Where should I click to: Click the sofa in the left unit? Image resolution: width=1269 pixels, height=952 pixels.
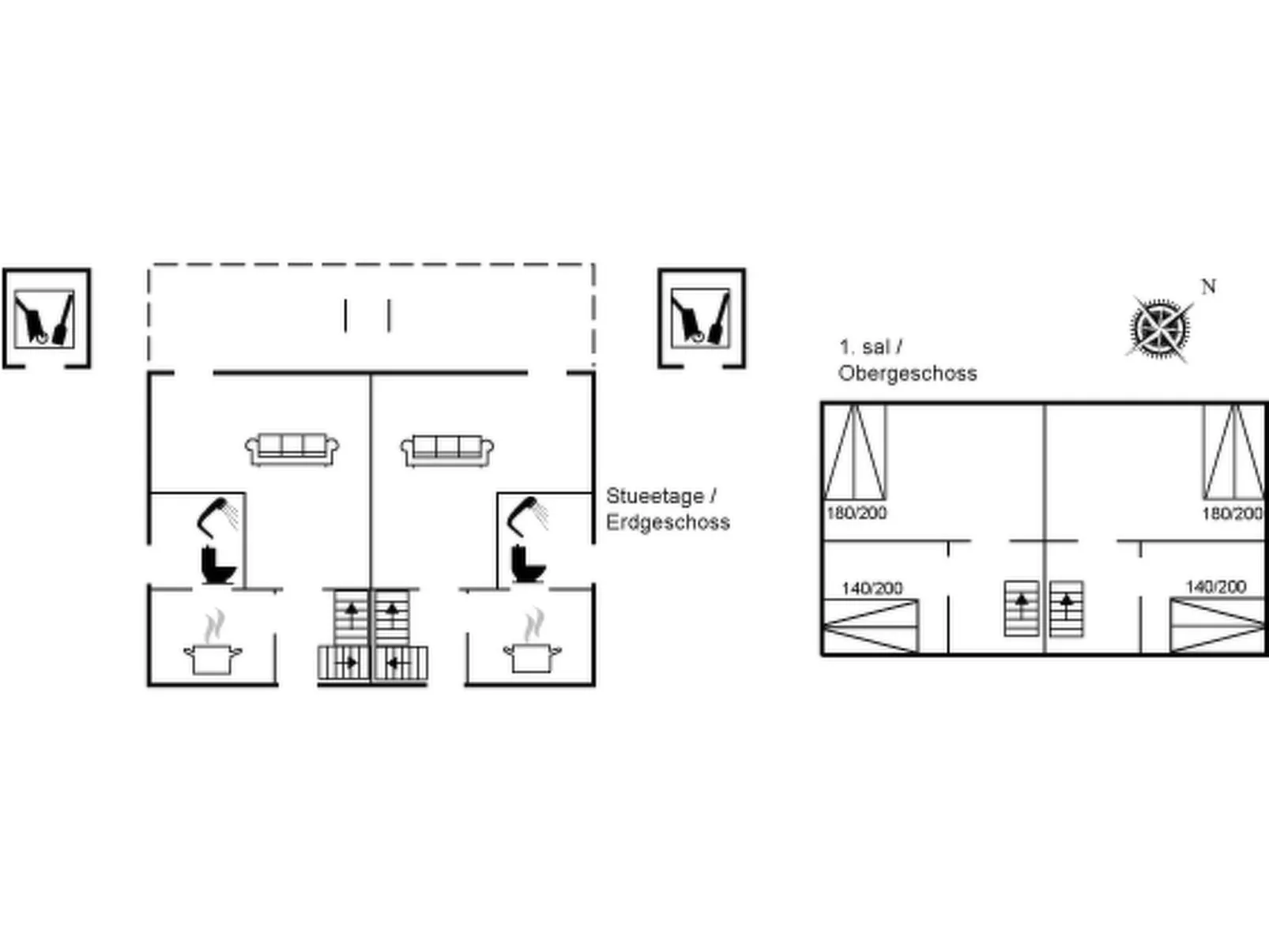(292, 449)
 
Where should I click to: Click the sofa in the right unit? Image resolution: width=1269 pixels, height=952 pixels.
(447, 450)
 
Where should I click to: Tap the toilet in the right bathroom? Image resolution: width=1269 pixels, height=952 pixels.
(528, 563)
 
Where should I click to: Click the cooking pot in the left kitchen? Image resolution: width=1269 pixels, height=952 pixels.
(213, 657)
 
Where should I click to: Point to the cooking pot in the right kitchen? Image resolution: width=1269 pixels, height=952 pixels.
(533, 655)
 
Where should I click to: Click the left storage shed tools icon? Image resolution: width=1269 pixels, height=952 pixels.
(45, 318)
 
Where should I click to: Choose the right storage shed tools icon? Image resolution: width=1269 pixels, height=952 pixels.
(701, 317)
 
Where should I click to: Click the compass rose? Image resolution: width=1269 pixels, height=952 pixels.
(1159, 328)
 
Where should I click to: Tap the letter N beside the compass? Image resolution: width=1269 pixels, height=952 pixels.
(1208, 287)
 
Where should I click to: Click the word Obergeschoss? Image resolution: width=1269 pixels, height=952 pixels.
(907, 374)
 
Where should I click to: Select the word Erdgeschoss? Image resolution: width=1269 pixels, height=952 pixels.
(668, 522)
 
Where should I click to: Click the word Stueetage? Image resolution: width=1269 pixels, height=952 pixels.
(654, 496)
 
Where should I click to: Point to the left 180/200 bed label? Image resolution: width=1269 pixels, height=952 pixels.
(856, 514)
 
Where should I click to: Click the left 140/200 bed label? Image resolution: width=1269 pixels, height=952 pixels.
(872, 589)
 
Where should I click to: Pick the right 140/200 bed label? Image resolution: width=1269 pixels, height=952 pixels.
(1215, 587)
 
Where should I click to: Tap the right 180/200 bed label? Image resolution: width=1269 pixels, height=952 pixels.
(1232, 514)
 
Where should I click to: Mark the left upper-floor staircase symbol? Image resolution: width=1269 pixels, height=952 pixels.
(1021, 608)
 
